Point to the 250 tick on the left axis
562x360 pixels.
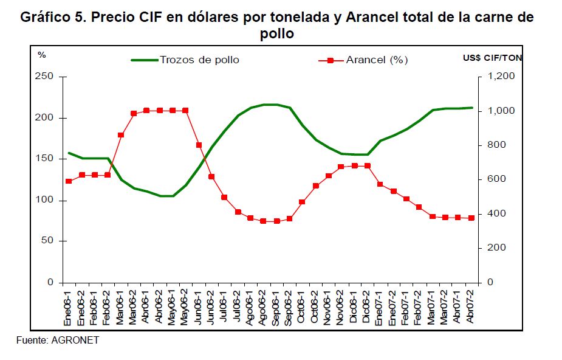tap(46, 77)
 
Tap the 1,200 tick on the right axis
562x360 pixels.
tap(501, 77)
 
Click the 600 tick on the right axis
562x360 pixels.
tap(496, 179)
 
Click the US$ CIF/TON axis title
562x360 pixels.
tap(492, 58)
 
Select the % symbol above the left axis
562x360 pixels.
tap(42, 55)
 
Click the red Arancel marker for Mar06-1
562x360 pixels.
tap(121, 135)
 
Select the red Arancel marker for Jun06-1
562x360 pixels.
tap(199, 145)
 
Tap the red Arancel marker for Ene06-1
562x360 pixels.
tap(69, 181)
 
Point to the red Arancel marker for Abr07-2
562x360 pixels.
tap(471, 218)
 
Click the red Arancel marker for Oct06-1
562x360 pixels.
tap(303, 202)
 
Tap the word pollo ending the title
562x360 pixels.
tap(277, 34)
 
